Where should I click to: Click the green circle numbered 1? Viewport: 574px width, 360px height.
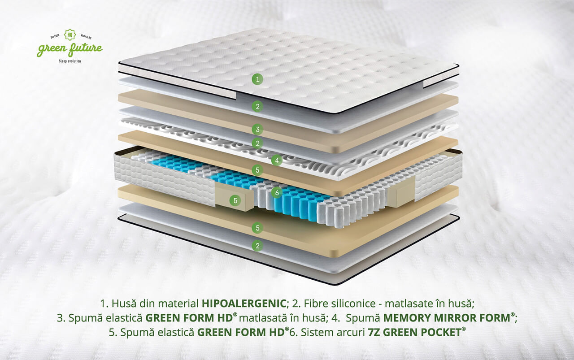click(x=257, y=79)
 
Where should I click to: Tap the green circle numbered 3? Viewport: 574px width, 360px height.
click(x=257, y=130)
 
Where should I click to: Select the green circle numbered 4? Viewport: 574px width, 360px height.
click(x=277, y=160)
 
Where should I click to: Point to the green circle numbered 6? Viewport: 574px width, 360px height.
click(x=277, y=193)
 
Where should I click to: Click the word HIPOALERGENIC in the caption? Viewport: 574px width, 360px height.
click(x=244, y=304)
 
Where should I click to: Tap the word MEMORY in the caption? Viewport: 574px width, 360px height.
click(x=406, y=318)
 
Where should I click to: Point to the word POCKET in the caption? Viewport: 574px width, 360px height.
click(x=441, y=332)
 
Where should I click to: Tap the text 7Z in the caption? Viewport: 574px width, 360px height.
click(x=374, y=332)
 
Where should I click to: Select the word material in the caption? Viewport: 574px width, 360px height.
click(x=178, y=304)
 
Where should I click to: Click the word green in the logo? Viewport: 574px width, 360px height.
click(x=52, y=49)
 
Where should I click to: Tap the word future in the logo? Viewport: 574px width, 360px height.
click(x=86, y=49)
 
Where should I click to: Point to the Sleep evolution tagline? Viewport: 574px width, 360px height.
click(x=70, y=61)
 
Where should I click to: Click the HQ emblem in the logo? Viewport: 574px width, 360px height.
click(x=70, y=34)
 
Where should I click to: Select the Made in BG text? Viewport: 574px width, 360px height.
click(x=86, y=37)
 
